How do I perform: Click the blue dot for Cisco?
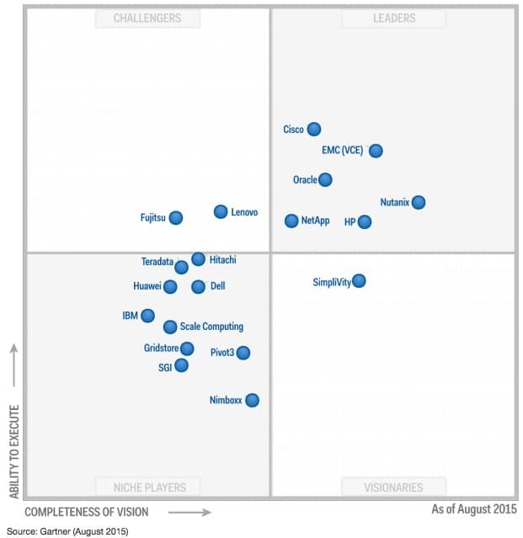pyautogui.click(x=314, y=129)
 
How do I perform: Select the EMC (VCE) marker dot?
pyautogui.click(x=376, y=151)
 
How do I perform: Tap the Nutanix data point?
pyautogui.click(x=418, y=202)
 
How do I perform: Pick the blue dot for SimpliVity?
pyautogui.click(x=359, y=281)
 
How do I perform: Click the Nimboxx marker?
pyautogui.click(x=252, y=401)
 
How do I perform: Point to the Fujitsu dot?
pyautogui.click(x=175, y=218)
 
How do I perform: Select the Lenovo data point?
pyautogui.click(x=221, y=212)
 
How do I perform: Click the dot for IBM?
pyautogui.click(x=147, y=316)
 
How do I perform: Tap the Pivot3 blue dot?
pyautogui.click(x=243, y=353)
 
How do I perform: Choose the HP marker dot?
pyautogui.click(x=364, y=222)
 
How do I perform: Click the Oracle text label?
pyautogui.click(x=305, y=180)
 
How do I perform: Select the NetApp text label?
pyautogui.click(x=315, y=221)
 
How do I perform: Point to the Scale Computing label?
pyautogui.click(x=211, y=327)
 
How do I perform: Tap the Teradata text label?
pyautogui.click(x=157, y=262)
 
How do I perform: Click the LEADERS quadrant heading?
pyautogui.click(x=394, y=18)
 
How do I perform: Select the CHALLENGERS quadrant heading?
pyautogui.click(x=148, y=18)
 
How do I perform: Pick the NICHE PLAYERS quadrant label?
pyautogui.click(x=150, y=487)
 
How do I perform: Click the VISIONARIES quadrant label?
pyautogui.click(x=393, y=487)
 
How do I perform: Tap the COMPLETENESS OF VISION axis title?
pyautogui.click(x=86, y=512)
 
